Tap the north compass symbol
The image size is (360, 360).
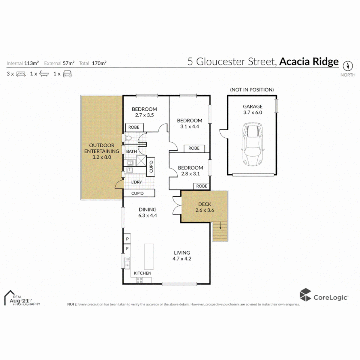[348, 65]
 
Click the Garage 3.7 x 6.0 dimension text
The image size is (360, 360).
[252, 113]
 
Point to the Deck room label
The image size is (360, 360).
[205, 204]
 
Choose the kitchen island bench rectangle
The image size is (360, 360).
[149, 257]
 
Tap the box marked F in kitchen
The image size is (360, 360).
[127, 249]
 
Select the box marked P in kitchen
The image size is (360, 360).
[127, 239]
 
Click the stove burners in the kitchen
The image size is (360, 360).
[139, 280]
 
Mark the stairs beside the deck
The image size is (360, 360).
[220, 232]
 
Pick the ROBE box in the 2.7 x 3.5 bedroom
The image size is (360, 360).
[135, 127]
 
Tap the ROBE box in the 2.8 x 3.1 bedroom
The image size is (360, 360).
[201, 186]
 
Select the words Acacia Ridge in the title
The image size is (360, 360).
[309, 62]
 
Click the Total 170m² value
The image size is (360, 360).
[99, 63]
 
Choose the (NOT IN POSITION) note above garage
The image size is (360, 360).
[252, 90]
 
